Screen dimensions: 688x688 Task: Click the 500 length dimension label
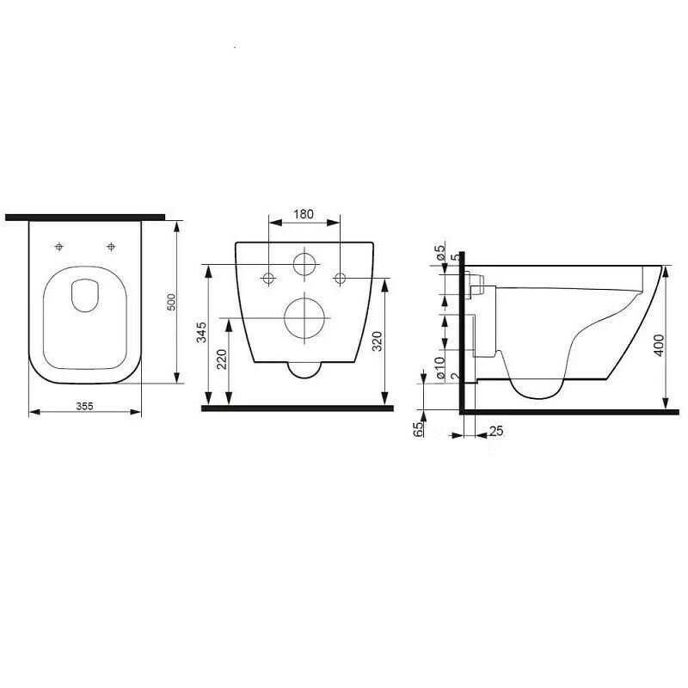pos(171,302)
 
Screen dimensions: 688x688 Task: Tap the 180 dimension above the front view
pos(304,214)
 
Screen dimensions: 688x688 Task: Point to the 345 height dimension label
pos(201,333)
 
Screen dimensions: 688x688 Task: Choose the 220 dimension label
pos(223,359)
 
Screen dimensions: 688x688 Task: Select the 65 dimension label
pos(420,430)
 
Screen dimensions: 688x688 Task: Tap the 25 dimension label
pos(495,430)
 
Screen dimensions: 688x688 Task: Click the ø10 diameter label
pos(439,367)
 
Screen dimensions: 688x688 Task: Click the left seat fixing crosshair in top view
pos(58,247)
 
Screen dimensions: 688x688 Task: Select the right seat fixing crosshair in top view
pos(111,247)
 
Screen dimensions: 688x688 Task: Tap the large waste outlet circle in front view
pos(304,318)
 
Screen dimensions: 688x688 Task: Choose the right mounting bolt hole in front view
pos(340,277)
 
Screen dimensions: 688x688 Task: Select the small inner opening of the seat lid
pos(84,295)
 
